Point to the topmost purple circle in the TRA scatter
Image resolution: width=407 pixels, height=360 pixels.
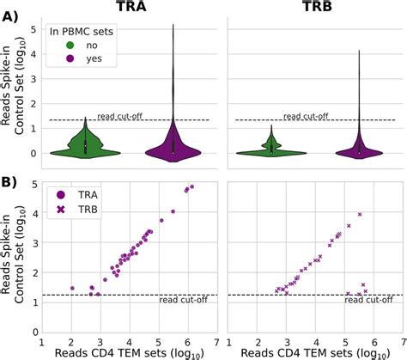pyautogui.click(x=191, y=186)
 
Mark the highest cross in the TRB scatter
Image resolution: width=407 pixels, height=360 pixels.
pyautogui.click(x=360, y=214)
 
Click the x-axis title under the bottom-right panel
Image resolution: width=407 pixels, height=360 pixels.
pyautogui.click(x=310, y=351)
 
